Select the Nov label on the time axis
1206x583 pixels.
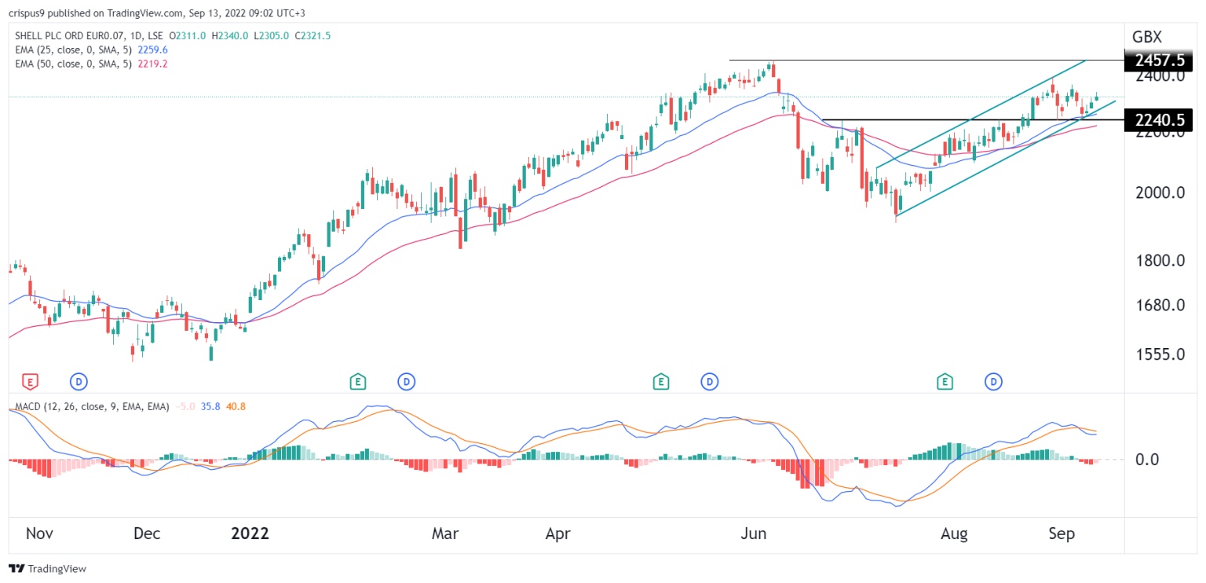click(x=39, y=533)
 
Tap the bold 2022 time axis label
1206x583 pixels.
click(x=250, y=533)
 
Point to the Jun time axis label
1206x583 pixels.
click(x=755, y=533)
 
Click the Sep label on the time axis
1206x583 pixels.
click(x=1062, y=533)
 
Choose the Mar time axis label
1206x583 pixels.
click(x=446, y=533)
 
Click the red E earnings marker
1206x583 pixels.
click(x=30, y=382)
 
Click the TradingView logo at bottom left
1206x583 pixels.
click(x=48, y=568)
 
